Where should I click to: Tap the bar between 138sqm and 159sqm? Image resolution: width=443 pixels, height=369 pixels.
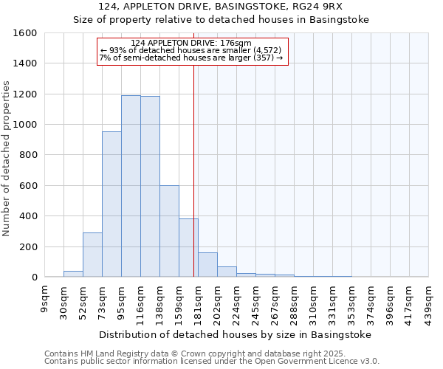click(169, 232)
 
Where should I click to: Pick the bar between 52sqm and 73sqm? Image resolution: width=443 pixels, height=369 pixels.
click(92, 255)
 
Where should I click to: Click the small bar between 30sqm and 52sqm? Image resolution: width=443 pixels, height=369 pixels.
click(73, 274)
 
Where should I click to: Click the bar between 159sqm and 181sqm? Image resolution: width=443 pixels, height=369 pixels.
click(188, 248)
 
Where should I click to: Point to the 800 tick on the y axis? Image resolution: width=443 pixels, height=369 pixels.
click(29, 155)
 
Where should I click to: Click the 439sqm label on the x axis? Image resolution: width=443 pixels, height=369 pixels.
click(428, 298)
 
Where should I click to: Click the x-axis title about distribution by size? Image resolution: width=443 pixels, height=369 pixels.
click(236, 334)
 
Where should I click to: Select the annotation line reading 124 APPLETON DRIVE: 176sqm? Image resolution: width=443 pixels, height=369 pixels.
click(191, 43)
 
